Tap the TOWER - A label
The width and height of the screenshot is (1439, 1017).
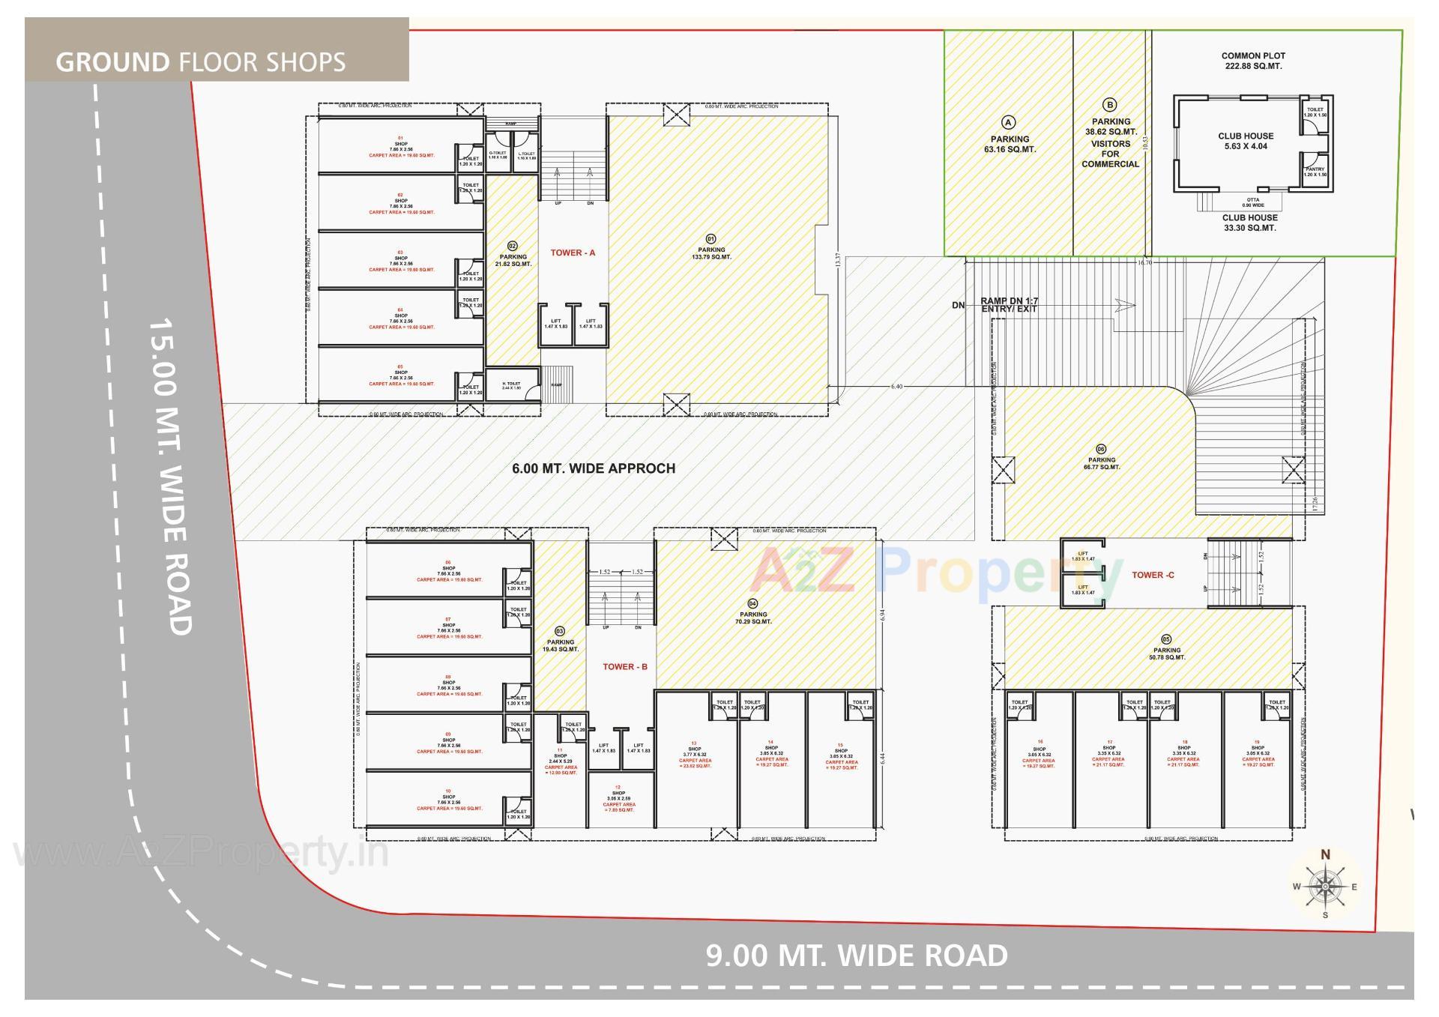[x=573, y=253]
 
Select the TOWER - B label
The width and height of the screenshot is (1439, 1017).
[x=625, y=666]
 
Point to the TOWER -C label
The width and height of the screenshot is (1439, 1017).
[x=1153, y=575]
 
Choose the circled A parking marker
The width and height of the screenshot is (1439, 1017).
[x=1009, y=122]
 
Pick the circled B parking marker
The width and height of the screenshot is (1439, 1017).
[x=1110, y=105]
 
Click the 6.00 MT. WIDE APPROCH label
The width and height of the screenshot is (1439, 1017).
[x=594, y=468]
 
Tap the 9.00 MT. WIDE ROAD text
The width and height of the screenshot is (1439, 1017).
[x=857, y=956]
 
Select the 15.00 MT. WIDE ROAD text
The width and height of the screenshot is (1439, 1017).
[x=171, y=477]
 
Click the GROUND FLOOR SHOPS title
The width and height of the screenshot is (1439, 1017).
[x=201, y=61]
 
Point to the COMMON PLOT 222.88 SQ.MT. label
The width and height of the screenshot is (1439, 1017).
[x=1252, y=61]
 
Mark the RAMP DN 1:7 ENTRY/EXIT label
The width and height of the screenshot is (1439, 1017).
[x=1009, y=305]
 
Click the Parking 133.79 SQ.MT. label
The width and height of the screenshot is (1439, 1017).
[x=711, y=253]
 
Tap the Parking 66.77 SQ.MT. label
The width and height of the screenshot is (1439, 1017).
[x=1101, y=463]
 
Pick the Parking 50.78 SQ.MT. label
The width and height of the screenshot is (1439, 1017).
[x=1167, y=654]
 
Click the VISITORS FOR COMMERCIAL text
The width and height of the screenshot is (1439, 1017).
[x=1110, y=154]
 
